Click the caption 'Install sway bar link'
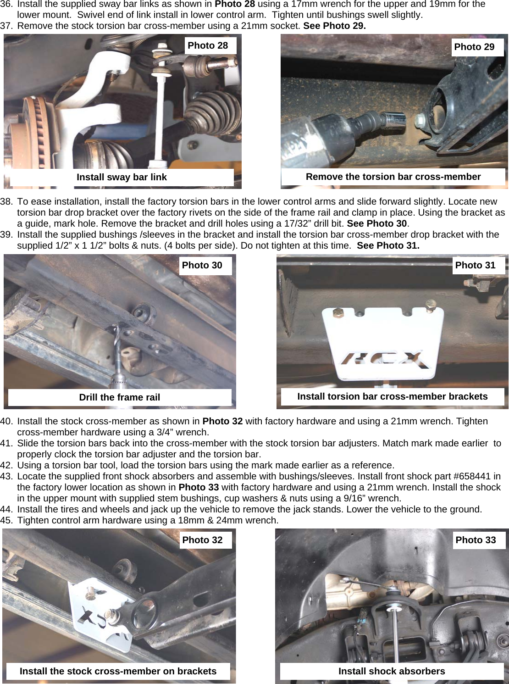pos(122,178)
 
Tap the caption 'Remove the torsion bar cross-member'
pos(393,177)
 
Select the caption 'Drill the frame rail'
pos(120,397)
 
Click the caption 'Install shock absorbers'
pos(392,672)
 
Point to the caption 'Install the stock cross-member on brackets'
pos(118,672)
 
